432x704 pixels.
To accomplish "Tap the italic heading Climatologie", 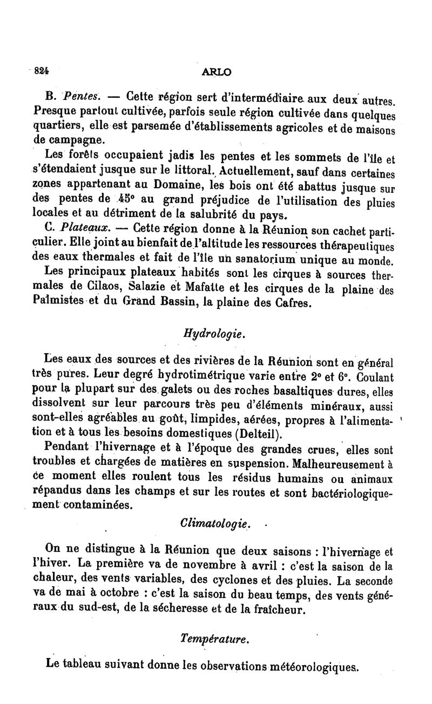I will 214,524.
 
